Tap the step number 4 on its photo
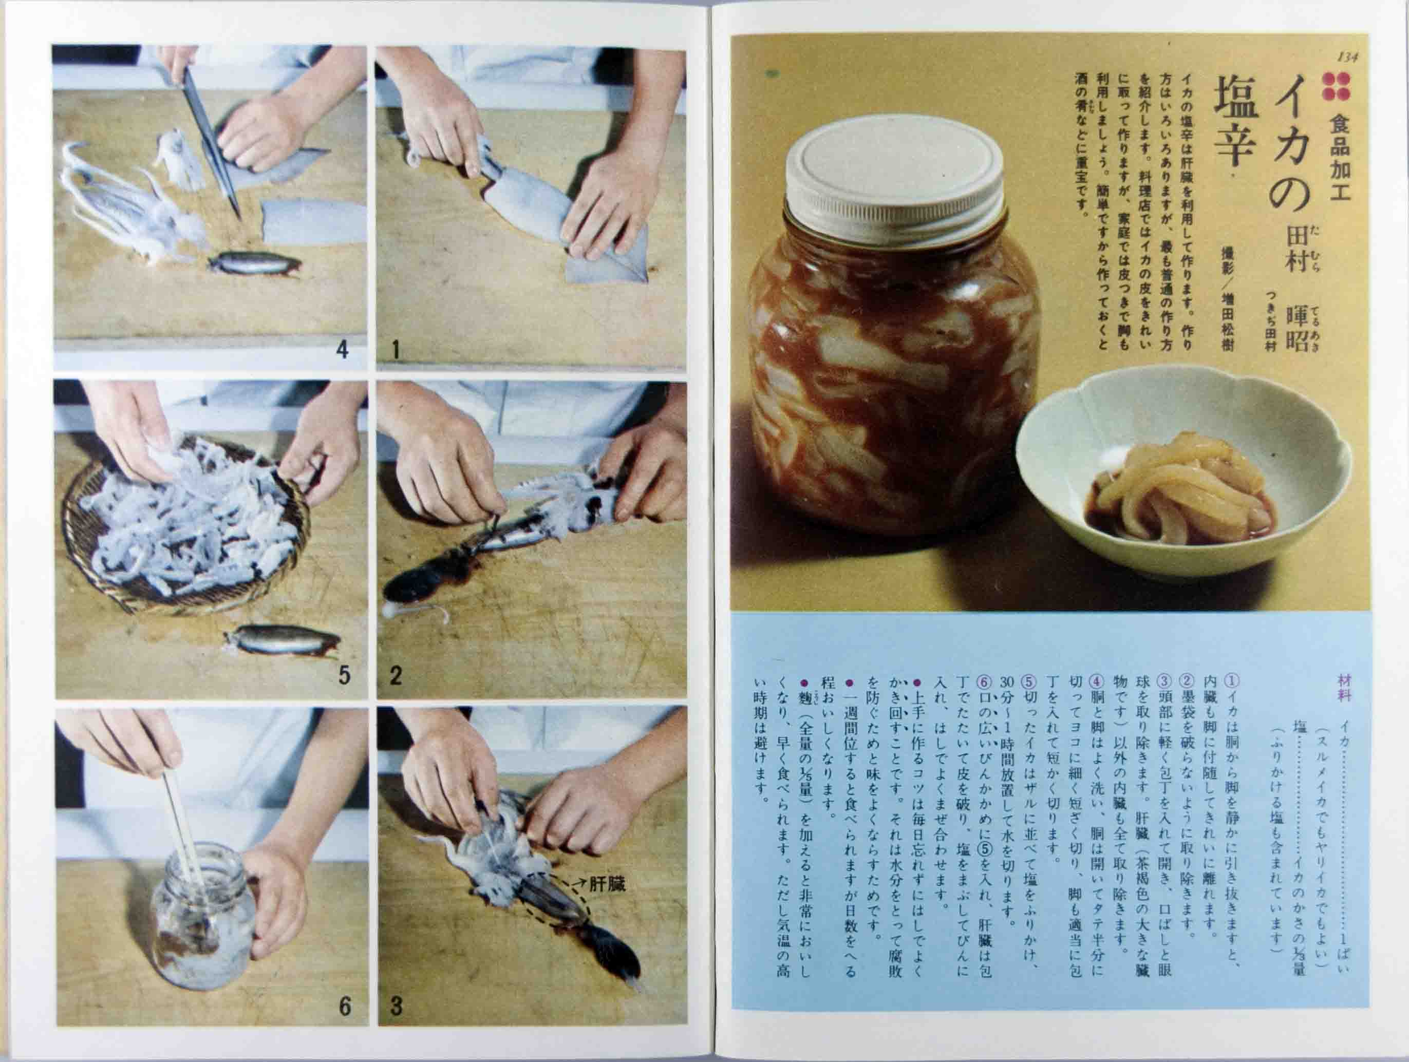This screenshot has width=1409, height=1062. tap(342, 350)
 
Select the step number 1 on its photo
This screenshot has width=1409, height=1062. tap(396, 350)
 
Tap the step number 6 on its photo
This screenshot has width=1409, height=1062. tap(345, 1006)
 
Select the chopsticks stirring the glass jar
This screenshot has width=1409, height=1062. tap(181, 828)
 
